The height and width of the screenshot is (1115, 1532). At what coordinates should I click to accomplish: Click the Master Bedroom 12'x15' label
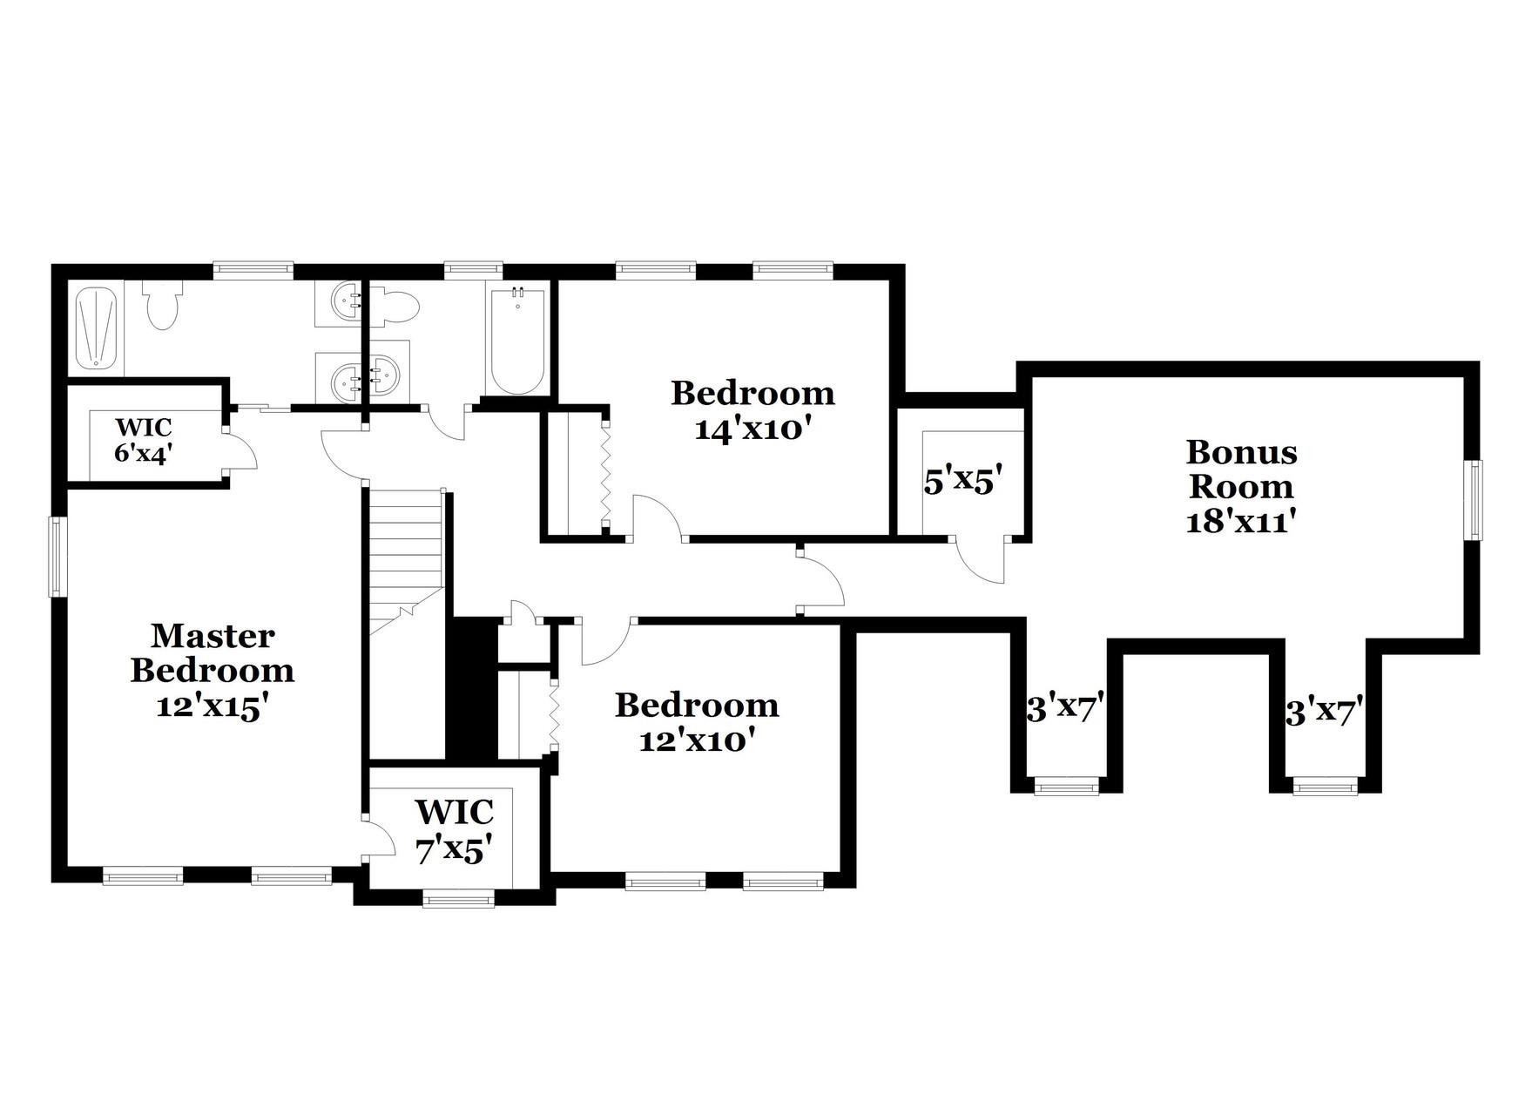pos(212,671)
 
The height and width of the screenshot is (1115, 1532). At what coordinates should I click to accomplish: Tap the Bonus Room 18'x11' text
pos(1241,486)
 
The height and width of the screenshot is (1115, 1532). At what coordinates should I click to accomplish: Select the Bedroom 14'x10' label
pos(753,410)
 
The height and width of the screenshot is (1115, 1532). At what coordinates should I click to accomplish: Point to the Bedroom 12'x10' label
pos(697,722)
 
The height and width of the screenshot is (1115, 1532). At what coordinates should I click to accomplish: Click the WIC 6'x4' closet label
pos(144,441)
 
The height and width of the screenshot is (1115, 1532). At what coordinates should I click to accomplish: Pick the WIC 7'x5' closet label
pos(454,830)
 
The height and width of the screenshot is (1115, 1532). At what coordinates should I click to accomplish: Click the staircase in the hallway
pos(405,557)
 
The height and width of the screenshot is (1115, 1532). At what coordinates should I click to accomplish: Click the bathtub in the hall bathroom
pos(517,341)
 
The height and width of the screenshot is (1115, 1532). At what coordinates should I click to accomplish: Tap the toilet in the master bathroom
pos(161,305)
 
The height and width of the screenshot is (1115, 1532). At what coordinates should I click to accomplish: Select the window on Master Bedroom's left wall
pos(57,557)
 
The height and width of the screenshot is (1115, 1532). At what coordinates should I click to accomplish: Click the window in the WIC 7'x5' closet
pos(458,898)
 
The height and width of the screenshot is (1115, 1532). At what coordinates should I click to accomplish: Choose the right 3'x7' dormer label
pos(1324,713)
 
